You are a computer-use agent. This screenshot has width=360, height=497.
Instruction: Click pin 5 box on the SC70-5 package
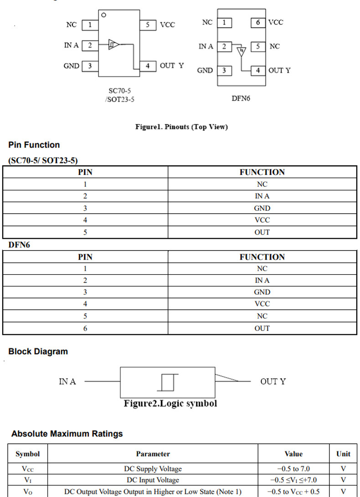click(148, 25)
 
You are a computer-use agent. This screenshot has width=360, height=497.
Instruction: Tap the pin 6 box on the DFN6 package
click(258, 22)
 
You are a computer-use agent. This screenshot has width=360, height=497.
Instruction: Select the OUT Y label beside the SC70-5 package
click(172, 66)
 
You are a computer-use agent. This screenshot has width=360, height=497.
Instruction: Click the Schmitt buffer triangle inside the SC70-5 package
click(114, 44)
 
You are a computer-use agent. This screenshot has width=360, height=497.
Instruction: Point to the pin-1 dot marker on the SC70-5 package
click(104, 15)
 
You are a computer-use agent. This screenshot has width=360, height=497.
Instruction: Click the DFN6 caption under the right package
click(241, 98)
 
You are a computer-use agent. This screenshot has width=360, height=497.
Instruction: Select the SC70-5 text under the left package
click(119, 91)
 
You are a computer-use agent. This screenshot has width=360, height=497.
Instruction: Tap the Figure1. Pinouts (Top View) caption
click(181, 127)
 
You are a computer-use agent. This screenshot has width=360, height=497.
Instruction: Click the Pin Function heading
click(34, 145)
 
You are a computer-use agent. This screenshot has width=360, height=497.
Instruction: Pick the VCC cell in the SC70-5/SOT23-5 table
click(262, 220)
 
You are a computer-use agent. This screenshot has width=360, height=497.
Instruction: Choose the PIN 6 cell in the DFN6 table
click(85, 328)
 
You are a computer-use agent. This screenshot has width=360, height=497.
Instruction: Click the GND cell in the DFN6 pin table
click(262, 292)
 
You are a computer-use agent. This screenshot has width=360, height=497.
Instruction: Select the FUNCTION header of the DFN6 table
click(262, 257)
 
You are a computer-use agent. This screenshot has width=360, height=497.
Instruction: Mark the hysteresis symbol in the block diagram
click(168, 381)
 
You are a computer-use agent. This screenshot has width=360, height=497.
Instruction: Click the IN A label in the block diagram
click(67, 381)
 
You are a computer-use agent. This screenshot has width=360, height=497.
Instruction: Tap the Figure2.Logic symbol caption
click(170, 404)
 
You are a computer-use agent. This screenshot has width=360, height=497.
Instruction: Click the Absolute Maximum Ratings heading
click(67, 434)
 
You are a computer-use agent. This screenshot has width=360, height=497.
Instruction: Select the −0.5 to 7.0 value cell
click(293, 468)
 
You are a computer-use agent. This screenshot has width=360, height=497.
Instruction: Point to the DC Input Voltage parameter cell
click(153, 480)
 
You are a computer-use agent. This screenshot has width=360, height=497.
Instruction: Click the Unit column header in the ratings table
click(343, 454)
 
